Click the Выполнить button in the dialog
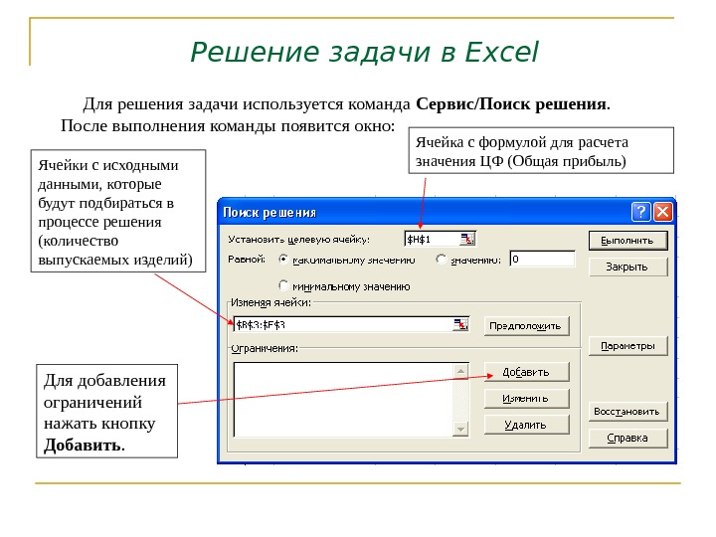pos(626,240)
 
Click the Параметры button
pos(626,346)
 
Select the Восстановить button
pos(626,411)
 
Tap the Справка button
pos(626,438)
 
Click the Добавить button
pos(526,372)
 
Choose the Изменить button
pos(526,398)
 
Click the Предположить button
pos(526,325)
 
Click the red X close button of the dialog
pos(662,212)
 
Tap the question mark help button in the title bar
pos(641,212)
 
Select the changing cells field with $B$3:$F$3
pos(343,324)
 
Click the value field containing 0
pos(542,259)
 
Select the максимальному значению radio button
pos(283,260)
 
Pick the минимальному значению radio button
pos(283,285)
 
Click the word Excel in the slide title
pos(501,51)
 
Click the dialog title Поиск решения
pos(269,212)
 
